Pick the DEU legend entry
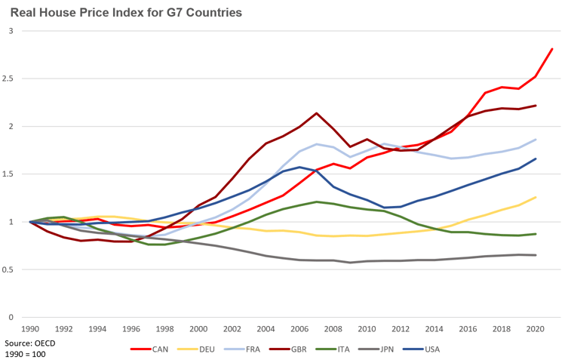pyautogui.click(x=205, y=349)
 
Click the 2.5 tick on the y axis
pyautogui.click(x=14, y=78)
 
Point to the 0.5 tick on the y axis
pyautogui.click(x=14, y=269)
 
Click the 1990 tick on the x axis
pyautogui.click(x=30, y=329)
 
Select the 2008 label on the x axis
pyautogui.click(x=317, y=329)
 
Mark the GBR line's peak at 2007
pyautogui.click(x=318, y=113)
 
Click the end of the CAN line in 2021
pyautogui.click(x=552, y=49)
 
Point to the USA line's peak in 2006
pyautogui.click(x=300, y=167)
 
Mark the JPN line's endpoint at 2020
pyautogui.click(x=536, y=255)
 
